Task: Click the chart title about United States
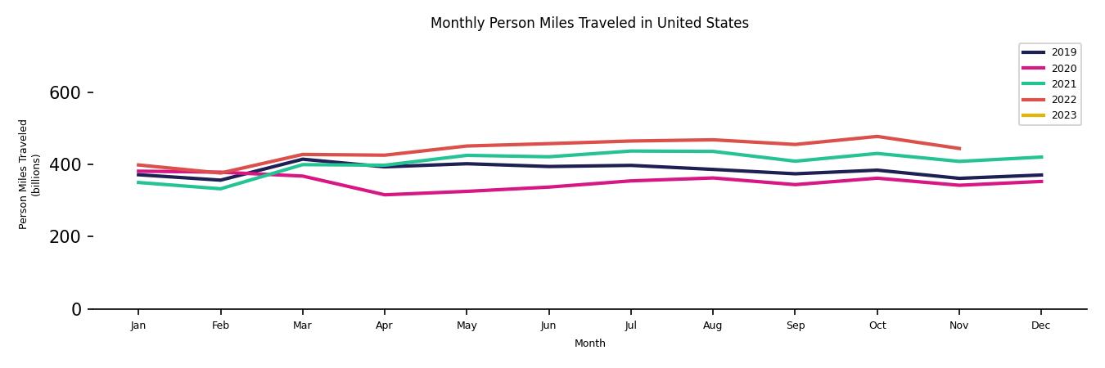pos(589,23)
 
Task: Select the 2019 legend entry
pos(1063,52)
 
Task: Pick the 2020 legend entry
pos(1063,69)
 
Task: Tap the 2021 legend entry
pos(1063,84)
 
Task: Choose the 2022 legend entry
pos(1063,100)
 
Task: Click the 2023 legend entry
pos(1063,115)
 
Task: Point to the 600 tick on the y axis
pos(65,93)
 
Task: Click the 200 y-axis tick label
pos(65,237)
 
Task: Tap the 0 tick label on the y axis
pos(76,309)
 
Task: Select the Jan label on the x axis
pos(138,325)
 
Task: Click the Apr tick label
pos(384,325)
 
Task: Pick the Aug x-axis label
pos(712,325)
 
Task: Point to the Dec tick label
pos(1040,325)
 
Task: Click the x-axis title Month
pos(589,343)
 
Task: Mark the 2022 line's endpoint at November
pos(958,149)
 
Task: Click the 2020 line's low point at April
pos(384,195)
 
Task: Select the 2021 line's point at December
pos(1040,157)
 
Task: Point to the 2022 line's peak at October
pos(877,137)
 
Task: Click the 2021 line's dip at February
pos(220,189)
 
